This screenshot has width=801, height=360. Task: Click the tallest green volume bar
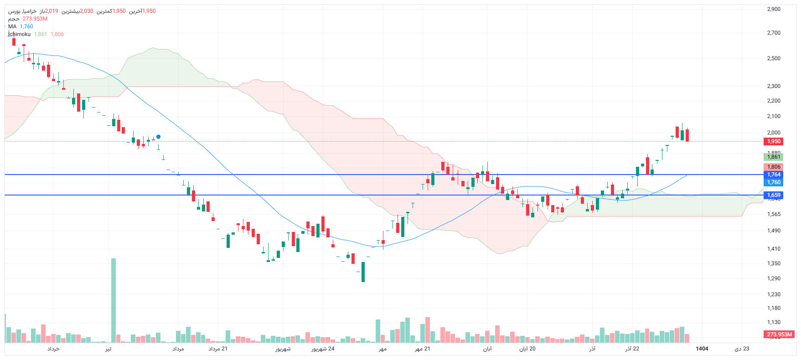(x=114, y=301)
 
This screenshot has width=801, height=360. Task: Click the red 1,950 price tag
(x=774, y=141)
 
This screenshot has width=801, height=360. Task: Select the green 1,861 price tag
(x=774, y=157)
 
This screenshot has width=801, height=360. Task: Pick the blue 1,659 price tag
(x=774, y=195)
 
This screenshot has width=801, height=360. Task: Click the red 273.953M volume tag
(x=779, y=334)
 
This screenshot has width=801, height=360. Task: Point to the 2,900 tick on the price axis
(x=774, y=9)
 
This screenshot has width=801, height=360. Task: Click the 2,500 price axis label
(x=774, y=58)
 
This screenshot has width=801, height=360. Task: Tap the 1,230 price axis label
(x=774, y=294)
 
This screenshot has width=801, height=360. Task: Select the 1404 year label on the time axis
(x=702, y=349)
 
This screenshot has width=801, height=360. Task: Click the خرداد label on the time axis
(x=53, y=349)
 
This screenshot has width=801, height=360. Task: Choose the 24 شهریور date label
(x=323, y=349)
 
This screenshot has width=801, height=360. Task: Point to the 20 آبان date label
(x=527, y=349)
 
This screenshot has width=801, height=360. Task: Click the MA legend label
(x=12, y=26)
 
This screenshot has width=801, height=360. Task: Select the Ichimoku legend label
(x=20, y=34)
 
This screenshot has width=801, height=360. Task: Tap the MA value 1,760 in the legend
(x=26, y=26)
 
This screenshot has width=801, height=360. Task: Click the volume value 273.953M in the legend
(x=35, y=19)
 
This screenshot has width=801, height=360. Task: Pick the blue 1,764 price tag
(x=774, y=175)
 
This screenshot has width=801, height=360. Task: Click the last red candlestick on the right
(x=687, y=135)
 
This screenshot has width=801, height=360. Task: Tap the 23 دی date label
(x=742, y=349)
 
